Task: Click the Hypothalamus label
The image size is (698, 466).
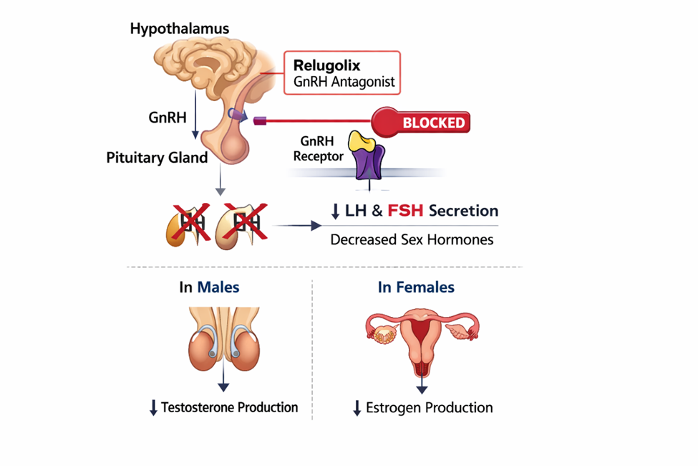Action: point(179,29)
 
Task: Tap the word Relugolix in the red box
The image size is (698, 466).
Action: point(326,66)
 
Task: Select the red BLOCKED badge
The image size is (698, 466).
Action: point(433,122)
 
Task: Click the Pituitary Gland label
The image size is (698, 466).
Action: point(157,157)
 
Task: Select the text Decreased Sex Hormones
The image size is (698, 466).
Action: point(412,239)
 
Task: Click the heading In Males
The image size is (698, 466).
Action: point(209,287)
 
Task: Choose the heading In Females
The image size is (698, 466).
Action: point(416,287)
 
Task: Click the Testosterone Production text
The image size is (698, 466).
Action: point(229,407)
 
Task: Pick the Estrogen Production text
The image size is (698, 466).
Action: point(429,408)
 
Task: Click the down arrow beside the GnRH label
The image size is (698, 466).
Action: point(195,125)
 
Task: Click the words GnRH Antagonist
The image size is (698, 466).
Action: point(344,82)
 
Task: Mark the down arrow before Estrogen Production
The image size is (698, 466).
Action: point(357,409)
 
